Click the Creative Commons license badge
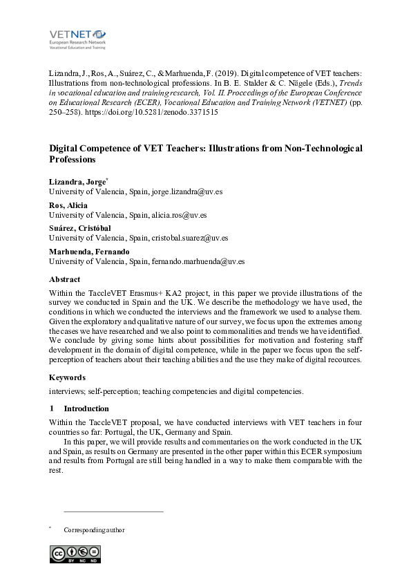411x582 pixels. coord(75,554)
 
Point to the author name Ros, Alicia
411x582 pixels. coord(68,205)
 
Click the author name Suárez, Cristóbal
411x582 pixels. coord(79,228)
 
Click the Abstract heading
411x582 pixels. coord(65,279)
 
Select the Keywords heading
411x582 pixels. coord(67,377)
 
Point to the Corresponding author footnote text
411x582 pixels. coord(94,530)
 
